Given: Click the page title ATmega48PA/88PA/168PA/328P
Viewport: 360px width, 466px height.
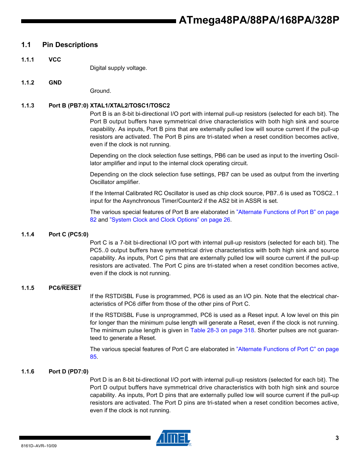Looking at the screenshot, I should coord(259,21).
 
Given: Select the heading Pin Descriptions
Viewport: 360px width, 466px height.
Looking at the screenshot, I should coord(70,45).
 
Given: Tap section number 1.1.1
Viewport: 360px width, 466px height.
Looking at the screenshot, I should coord(28,60).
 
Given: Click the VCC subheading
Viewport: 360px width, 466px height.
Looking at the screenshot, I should coord(55,60).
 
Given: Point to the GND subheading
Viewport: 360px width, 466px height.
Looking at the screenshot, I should coord(55,82).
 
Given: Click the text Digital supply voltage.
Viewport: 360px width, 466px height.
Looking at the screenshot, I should coord(118,68).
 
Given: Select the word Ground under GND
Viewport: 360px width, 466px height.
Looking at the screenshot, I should coord(100,91).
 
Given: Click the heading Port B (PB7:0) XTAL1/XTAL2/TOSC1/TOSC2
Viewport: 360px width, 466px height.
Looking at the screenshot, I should coord(109,106).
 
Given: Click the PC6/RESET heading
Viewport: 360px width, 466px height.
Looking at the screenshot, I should coord(65,288).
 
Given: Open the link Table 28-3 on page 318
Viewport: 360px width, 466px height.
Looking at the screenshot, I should coord(222,330).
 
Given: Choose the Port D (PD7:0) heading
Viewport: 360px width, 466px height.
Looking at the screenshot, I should coord(68,371).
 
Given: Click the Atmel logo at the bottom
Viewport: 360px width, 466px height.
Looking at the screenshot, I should coord(173,438).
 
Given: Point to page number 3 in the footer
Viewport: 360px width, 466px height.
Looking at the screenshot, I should coord(337,438).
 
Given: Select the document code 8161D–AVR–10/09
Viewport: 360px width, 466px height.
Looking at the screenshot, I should coord(39,446).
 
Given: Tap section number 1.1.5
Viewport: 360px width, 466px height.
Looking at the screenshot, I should coord(28,288).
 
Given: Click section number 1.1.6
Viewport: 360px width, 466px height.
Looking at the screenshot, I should coord(28,371).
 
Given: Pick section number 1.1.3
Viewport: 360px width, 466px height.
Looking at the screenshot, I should coord(28,106).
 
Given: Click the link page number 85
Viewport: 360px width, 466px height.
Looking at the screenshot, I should coord(93,357).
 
